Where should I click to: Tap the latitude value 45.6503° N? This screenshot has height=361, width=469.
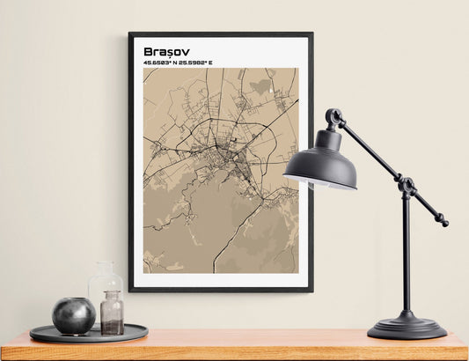coord(161,63)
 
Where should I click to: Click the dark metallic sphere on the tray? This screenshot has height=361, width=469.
coord(73,315)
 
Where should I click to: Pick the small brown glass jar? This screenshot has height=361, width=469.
coord(112,316)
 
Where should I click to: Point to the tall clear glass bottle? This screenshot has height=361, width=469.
coord(104,291)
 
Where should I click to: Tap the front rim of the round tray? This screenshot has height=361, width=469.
coord(88,338)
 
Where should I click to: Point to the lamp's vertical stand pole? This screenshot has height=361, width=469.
coord(406,255)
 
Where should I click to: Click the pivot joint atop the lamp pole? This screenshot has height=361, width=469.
coord(406,186)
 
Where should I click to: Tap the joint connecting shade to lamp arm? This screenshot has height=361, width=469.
coord(333,117)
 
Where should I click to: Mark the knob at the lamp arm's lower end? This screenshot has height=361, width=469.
coord(443,223)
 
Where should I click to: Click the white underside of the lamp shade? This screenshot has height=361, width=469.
coord(319,184)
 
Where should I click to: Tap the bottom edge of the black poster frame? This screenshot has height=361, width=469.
coord(220,289)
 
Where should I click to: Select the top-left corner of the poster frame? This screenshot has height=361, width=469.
coord(130,34)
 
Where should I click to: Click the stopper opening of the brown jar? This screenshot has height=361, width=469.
coord(112,294)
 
